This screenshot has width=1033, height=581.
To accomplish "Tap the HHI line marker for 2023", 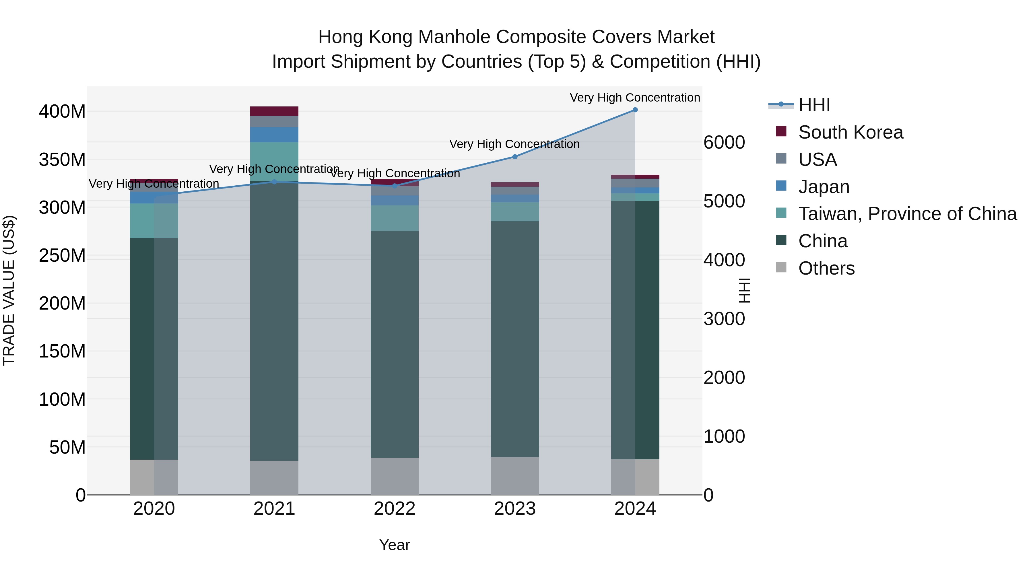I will pos(515,157).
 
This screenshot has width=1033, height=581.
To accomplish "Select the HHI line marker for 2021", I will pos(274,182).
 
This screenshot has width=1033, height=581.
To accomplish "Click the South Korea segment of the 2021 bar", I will pos(274,111).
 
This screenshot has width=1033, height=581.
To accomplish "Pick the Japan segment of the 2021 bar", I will pos(274,135).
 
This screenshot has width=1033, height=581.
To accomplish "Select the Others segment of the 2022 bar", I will pos(395,476).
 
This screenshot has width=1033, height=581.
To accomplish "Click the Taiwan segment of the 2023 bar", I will pos(515,212).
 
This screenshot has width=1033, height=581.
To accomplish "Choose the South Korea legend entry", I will pos(850,132).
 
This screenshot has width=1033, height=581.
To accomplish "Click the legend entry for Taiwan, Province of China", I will pos(907,214).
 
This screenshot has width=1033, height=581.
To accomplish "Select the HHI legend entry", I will pos(814,105).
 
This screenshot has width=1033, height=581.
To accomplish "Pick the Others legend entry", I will pos(826,268).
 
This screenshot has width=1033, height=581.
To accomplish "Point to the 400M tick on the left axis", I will pos(62,112).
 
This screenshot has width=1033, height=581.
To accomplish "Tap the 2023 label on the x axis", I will pos(515,509).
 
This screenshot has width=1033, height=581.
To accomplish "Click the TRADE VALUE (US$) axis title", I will pos(9,290).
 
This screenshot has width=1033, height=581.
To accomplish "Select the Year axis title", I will pos(395,545).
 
